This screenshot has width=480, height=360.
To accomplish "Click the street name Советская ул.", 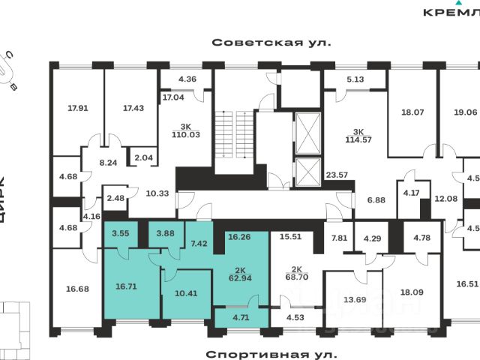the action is click(x=271, y=43).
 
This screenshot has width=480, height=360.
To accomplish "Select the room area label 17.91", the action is click(x=78, y=108).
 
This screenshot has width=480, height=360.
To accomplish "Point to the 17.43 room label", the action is click(x=133, y=108).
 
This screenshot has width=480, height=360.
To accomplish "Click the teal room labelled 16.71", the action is click(x=126, y=286).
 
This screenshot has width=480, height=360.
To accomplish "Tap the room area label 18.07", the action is click(x=413, y=112).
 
